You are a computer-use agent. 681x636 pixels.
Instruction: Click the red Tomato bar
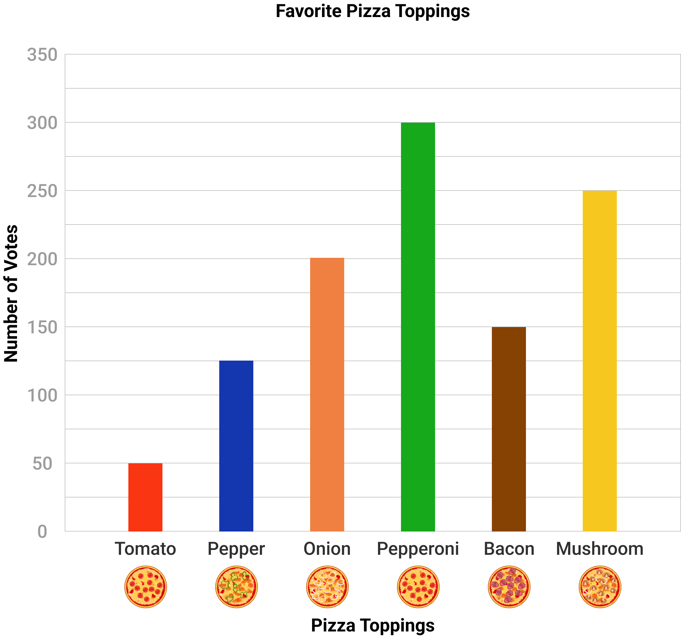(x=145, y=497)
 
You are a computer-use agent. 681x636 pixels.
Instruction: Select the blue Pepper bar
(x=236, y=446)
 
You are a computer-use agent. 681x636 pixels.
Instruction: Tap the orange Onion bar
(x=327, y=395)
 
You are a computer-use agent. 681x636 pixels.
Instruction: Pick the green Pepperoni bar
(x=418, y=327)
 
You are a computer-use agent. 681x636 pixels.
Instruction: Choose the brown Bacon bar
(x=509, y=429)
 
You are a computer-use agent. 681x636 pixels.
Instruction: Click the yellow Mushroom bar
(x=599, y=361)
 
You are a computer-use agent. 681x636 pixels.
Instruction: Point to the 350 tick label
(x=42, y=55)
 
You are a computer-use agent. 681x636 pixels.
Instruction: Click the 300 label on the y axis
(x=42, y=123)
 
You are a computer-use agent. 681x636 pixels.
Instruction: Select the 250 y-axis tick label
(x=42, y=191)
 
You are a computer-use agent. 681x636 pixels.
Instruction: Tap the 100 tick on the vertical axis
(x=42, y=396)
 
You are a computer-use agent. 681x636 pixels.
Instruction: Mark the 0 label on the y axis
(x=42, y=532)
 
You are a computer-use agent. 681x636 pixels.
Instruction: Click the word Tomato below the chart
(x=145, y=549)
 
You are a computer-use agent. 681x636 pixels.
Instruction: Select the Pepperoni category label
(x=418, y=549)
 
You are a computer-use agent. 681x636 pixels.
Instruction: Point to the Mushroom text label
(x=599, y=549)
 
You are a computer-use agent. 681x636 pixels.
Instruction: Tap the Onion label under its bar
(x=327, y=549)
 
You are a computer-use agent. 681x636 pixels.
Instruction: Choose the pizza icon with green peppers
(x=236, y=587)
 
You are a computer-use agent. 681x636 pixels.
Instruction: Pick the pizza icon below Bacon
(x=509, y=587)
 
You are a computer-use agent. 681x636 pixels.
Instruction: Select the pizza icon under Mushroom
(x=600, y=587)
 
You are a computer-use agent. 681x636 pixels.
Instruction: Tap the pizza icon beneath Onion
(x=327, y=587)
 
